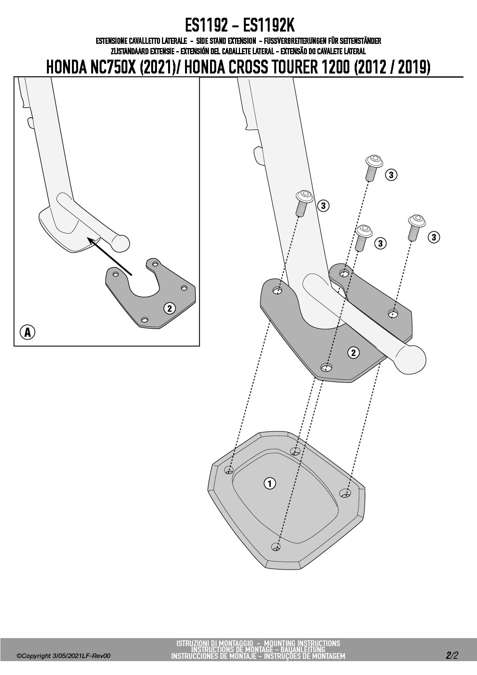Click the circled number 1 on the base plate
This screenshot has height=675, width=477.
click(x=270, y=483)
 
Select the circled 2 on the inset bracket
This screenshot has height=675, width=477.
click(x=169, y=308)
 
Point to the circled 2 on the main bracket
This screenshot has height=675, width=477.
click(x=353, y=352)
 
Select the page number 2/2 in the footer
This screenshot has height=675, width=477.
click(x=452, y=655)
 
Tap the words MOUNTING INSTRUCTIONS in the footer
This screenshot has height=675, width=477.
click(x=302, y=643)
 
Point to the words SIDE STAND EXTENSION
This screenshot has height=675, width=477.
click(x=226, y=41)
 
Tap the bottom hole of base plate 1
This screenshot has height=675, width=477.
click(x=275, y=546)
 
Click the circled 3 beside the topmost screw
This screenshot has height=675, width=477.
click(x=391, y=175)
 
